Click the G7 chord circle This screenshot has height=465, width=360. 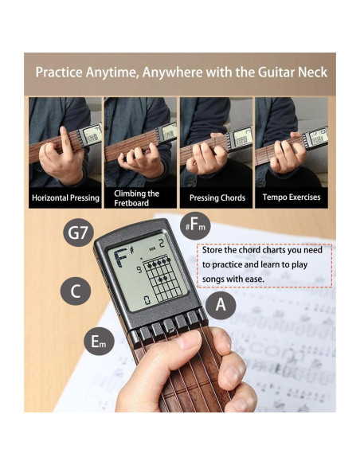[x=77, y=234]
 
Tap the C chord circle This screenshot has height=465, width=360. [x=76, y=291]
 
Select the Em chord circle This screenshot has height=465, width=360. [x=99, y=342]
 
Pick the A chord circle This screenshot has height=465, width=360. [x=221, y=304]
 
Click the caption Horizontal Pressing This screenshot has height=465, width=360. [x=65, y=197]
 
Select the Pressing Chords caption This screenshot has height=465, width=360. [x=217, y=197]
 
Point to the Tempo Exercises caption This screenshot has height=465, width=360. [x=292, y=197]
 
